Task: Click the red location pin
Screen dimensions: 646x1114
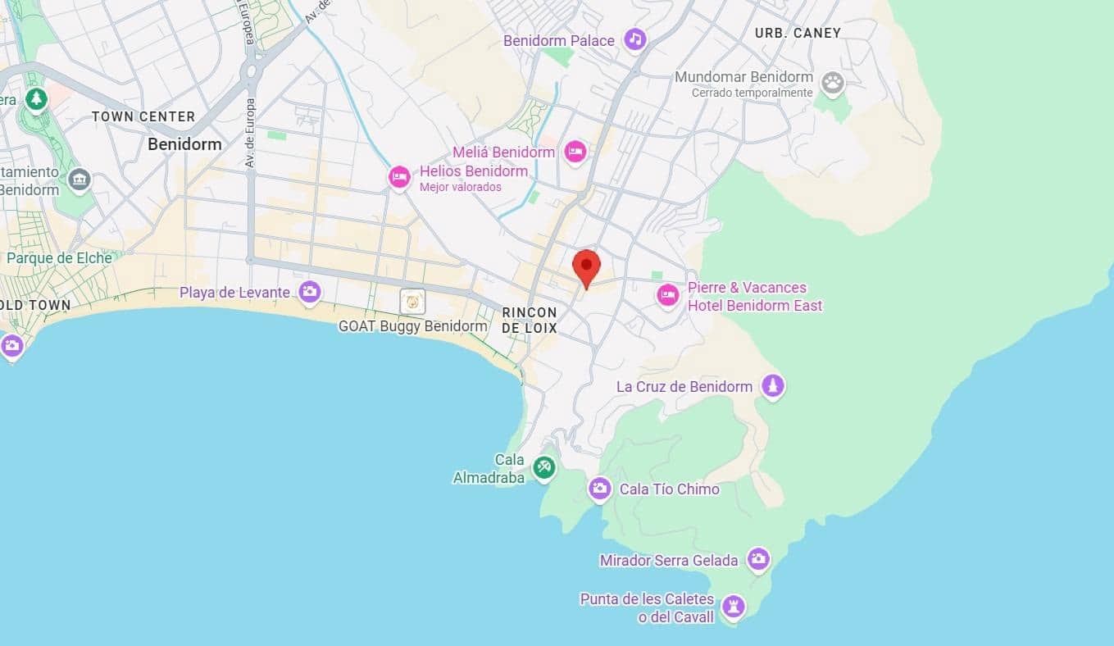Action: pos(586,267)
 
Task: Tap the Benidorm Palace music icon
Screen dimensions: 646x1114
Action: pos(635,39)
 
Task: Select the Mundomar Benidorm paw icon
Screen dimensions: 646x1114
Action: pos(833,81)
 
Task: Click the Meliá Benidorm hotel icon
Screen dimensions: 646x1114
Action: pos(575,151)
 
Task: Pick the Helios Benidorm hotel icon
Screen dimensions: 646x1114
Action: pos(399,177)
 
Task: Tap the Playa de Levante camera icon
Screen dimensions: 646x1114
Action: pos(309,291)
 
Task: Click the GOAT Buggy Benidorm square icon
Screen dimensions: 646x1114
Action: pos(412,301)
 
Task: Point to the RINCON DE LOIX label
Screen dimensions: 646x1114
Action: pos(530,320)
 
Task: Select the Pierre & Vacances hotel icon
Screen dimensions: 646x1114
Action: pos(668,295)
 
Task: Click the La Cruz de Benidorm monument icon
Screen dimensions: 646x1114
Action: pos(772,385)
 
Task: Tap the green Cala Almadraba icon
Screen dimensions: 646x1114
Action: pos(543,468)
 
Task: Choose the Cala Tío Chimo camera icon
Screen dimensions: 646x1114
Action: pos(600,489)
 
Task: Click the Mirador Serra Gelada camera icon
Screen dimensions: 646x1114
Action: pos(758,559)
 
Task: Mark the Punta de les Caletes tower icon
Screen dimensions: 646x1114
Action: pos(733,607)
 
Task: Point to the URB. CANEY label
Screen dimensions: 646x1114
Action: pos(798,33)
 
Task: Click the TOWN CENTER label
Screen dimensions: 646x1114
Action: pos(143,116)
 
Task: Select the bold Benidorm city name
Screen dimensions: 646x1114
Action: pos(184,144)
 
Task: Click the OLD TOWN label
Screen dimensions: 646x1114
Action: pos(35,305)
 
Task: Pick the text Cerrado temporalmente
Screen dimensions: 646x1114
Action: pos(752,93)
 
